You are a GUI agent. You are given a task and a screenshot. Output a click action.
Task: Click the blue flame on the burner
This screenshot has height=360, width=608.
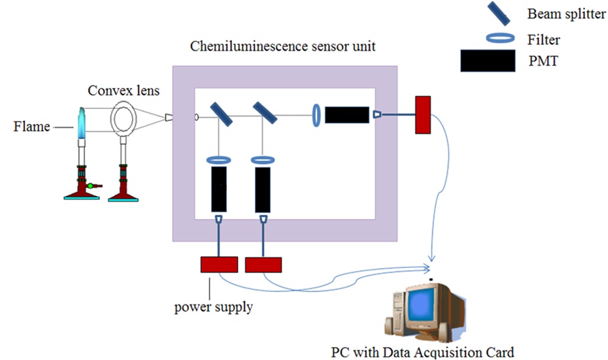pos(81,125)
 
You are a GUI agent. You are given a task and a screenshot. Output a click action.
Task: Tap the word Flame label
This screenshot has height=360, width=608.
pos(31,126)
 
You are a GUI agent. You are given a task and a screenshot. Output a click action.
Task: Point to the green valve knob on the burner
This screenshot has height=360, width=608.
pos(90,187)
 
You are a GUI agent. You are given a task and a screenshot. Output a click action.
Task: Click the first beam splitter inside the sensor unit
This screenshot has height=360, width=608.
pos(223,114)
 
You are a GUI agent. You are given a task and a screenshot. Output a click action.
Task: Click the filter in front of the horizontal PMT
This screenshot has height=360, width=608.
pos(316,115)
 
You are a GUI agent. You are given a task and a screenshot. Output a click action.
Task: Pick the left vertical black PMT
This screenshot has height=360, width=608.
pos(218,188)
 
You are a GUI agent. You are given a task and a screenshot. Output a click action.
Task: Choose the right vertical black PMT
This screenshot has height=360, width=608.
pos(263,188)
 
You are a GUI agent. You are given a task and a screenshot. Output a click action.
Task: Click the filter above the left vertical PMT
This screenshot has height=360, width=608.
pos(217,159)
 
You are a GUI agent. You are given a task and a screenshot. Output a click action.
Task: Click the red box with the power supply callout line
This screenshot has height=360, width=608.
pos(219,264)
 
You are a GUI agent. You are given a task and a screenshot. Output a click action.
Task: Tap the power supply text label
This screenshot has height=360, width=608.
pos(213,306)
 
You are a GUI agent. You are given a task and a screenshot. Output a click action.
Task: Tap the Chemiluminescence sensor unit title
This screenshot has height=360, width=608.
pos(283,47)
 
